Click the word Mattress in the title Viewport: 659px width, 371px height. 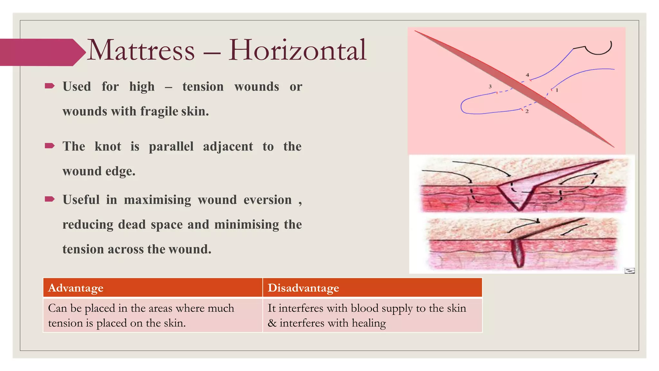(141, 50)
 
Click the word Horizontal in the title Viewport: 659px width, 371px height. (297, 50)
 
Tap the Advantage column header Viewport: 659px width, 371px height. (76, 288)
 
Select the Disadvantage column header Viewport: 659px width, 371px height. (303, 288)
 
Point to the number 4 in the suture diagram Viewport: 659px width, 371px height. (527, 75)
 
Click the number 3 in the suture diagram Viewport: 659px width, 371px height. (490, 86)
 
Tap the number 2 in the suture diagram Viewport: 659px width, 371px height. (527, 111)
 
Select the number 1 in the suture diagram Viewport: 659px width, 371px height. (557, 90)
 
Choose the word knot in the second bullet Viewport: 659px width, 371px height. (108, 147)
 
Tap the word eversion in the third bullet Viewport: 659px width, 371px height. (267, 200)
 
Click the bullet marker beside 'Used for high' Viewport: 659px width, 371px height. (50, 86)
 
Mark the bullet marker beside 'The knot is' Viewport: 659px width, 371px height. (50, 146)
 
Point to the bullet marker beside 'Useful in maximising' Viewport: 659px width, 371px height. (50, 199)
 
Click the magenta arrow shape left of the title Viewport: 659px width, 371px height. (40, 52)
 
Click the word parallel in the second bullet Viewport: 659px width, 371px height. (171, 147)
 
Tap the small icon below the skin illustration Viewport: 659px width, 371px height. (629, 271)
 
